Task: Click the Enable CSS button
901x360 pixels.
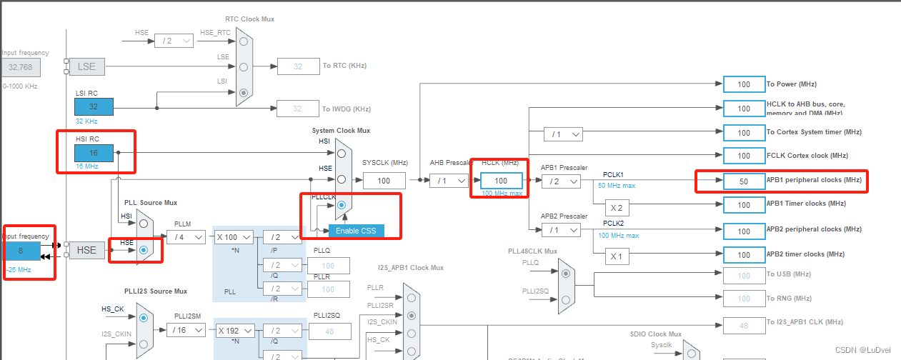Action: pos(356,231)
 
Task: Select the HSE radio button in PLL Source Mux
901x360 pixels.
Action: pos(144,250)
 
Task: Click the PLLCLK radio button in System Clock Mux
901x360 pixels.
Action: pos(342,205)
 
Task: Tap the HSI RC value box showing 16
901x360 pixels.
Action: pos(94,153)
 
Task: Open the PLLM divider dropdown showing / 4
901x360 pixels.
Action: pos(186,237)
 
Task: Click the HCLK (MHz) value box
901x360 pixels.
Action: pos(502,181)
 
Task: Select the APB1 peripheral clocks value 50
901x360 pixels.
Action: pos(744,181)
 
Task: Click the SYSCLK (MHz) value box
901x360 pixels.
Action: pos(384,181)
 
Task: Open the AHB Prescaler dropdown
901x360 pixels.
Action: pos(449,181)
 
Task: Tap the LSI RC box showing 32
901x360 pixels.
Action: pos(94,106)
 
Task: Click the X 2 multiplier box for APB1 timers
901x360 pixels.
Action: pos(617,208)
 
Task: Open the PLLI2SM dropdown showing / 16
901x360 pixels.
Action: pos(186,330)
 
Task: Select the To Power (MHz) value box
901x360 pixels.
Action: pos(744,84)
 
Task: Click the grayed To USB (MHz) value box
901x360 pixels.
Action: pos(744,276)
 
